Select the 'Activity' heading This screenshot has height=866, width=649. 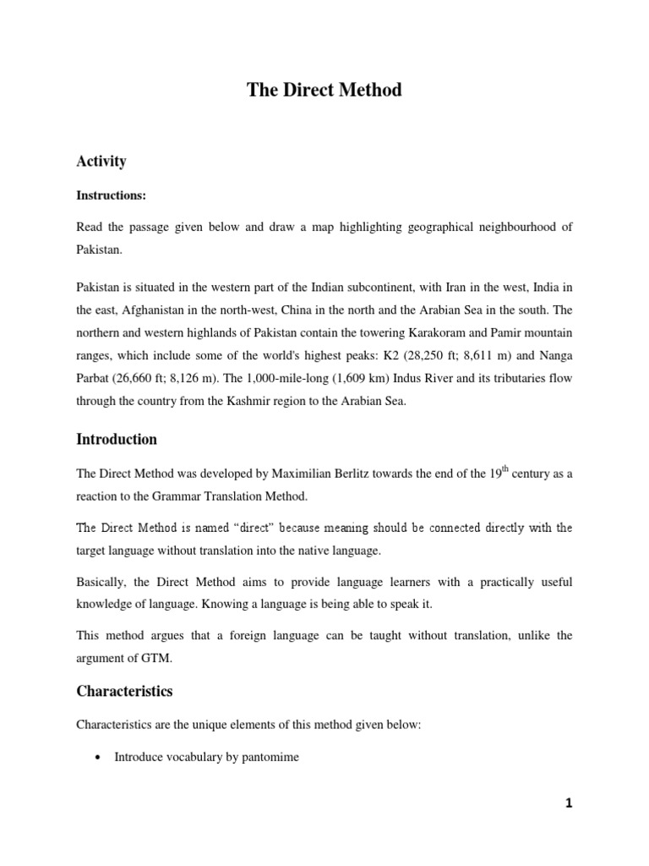pyautogui.click(x=101, y=161)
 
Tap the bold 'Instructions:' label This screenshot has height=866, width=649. pyautogui.click(x=112, y=195)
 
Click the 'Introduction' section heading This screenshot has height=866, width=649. pyautogui.click(x=117, y=439)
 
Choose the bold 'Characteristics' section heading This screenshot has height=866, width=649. pyautogui.click(x=124, y=691)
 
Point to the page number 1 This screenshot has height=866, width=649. pyautogui.click(x=569, y=803)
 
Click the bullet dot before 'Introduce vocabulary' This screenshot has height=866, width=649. pyautogui.click(x=101, y=758)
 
